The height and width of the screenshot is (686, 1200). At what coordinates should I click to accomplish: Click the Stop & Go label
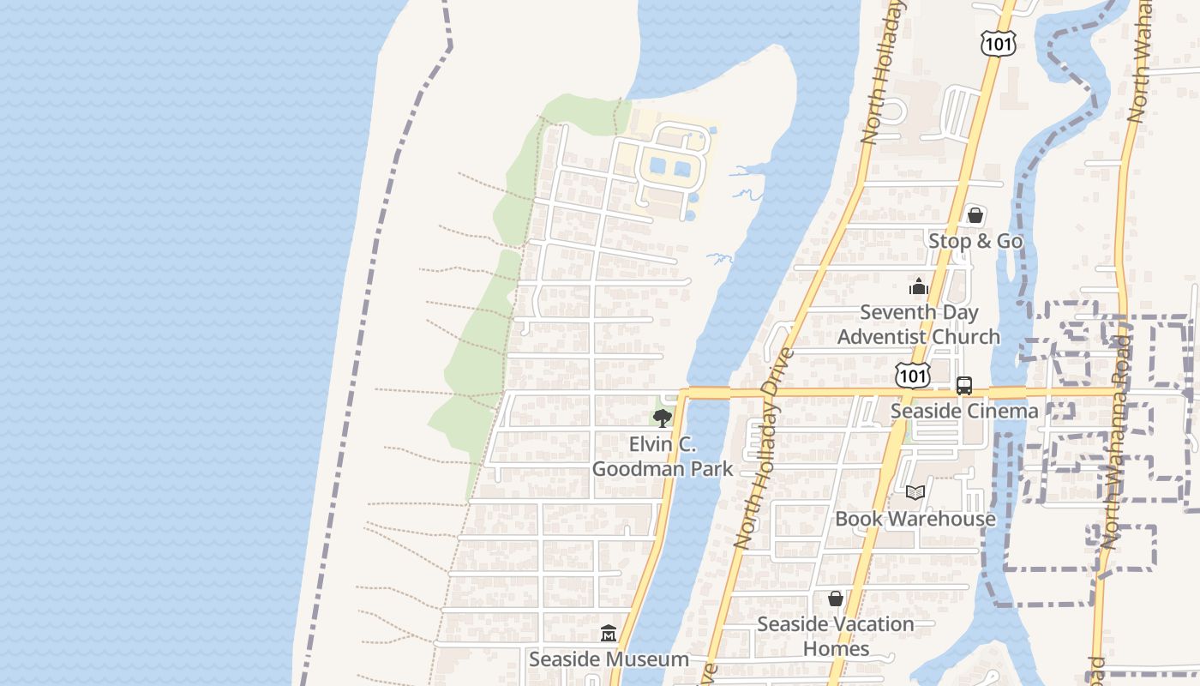pos(975,241)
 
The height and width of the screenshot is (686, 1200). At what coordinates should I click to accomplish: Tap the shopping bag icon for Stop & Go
pos(975,215)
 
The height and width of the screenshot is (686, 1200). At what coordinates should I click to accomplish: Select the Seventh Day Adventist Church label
pos(919,324)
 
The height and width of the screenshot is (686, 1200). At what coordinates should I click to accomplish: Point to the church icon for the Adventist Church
pos(919,286)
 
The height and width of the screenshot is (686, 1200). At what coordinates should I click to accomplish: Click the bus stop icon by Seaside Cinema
pos(964,385)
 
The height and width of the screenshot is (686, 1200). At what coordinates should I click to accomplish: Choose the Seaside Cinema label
pos(964,411)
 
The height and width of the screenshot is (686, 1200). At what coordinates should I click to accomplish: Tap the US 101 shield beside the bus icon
pos(913,376)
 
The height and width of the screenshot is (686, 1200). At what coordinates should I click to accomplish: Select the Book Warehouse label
pos(915,519)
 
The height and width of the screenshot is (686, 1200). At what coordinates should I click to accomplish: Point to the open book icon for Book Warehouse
pos(915,492)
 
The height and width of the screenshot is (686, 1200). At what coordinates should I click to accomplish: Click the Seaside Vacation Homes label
pos(836,635)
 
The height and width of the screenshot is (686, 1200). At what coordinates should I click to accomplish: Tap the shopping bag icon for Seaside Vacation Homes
pos(836,599)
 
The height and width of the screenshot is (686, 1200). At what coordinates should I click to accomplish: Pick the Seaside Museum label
pos(609,659)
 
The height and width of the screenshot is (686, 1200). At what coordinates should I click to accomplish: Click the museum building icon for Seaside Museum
pos(609,634)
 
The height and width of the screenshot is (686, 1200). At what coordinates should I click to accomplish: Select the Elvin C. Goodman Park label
pos(663,456)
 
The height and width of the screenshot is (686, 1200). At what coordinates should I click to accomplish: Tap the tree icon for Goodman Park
pos(662,418)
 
